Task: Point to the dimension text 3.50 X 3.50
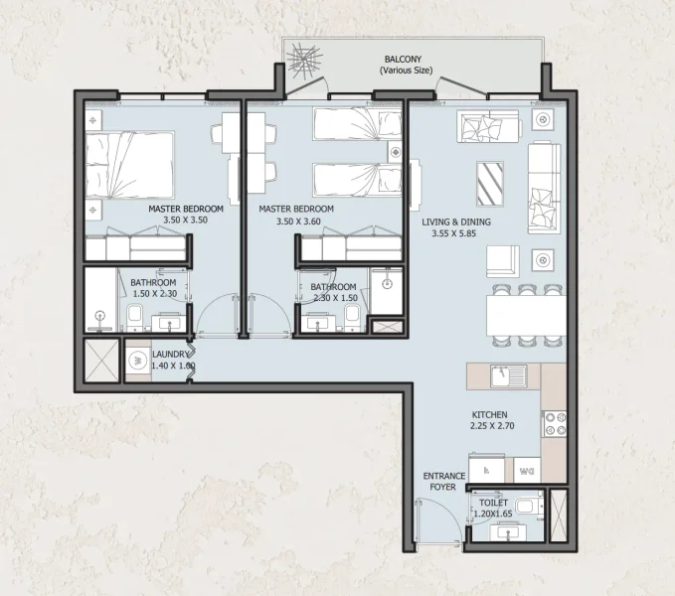[x=185, y=223]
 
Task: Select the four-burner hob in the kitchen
[x=553, y=425]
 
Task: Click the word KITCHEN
[x=490, y=414]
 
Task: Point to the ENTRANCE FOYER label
[x=443, y=482]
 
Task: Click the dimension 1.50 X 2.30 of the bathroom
[x=153, y=294]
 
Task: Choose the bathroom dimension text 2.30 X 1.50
[x=334, y=298]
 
